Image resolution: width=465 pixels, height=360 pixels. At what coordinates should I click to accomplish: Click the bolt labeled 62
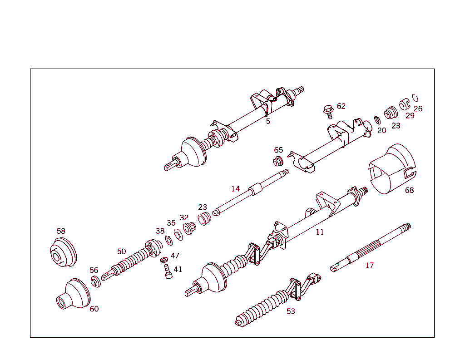(x=328, y=112)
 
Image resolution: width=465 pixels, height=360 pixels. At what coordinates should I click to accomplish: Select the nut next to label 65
(x=278, y=161)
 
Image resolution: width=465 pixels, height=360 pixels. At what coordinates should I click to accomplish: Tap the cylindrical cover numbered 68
(x=392, y=168)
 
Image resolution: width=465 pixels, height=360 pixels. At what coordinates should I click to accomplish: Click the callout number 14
(x=236, y=188)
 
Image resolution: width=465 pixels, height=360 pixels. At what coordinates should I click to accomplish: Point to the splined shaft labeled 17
(x=371, y=247)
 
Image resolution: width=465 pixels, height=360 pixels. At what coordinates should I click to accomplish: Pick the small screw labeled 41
(x=168, y=271)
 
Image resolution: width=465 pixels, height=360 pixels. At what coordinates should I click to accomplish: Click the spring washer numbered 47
(x=164, y=260)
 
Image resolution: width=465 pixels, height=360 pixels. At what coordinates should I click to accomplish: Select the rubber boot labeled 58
(x=63, y=252)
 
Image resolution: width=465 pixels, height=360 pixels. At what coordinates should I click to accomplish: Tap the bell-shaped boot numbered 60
(x=73, y=294)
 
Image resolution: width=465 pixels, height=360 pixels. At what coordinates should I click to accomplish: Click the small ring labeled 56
(x=95, y=281)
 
